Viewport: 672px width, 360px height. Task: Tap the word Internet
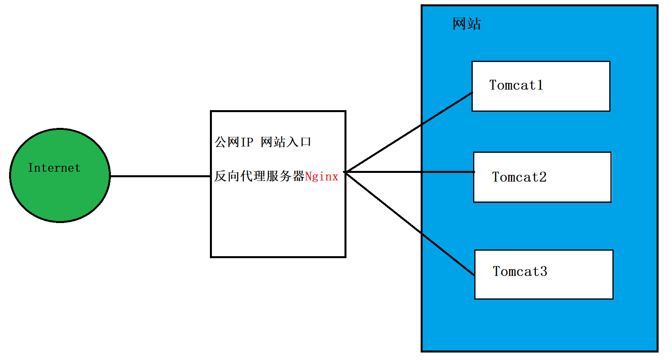point(54,168)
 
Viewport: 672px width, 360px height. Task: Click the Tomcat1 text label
point(516,85)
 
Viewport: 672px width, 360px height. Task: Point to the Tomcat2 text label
point(519,177)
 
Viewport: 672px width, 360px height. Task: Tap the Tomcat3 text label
point(520,272)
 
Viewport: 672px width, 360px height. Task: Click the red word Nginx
point(322,176)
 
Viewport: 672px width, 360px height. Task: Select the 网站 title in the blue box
point(467,24)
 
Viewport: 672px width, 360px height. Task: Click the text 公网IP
point(234,142)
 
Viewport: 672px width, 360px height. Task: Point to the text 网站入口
point(286,142)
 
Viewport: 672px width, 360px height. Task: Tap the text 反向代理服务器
point(259,176)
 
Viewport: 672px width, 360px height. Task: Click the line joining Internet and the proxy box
point(160,176)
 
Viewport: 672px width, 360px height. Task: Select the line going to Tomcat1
point(408,133)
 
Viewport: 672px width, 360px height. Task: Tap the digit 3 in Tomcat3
point(543,272)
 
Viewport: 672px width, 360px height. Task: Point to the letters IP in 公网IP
point(247,142)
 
